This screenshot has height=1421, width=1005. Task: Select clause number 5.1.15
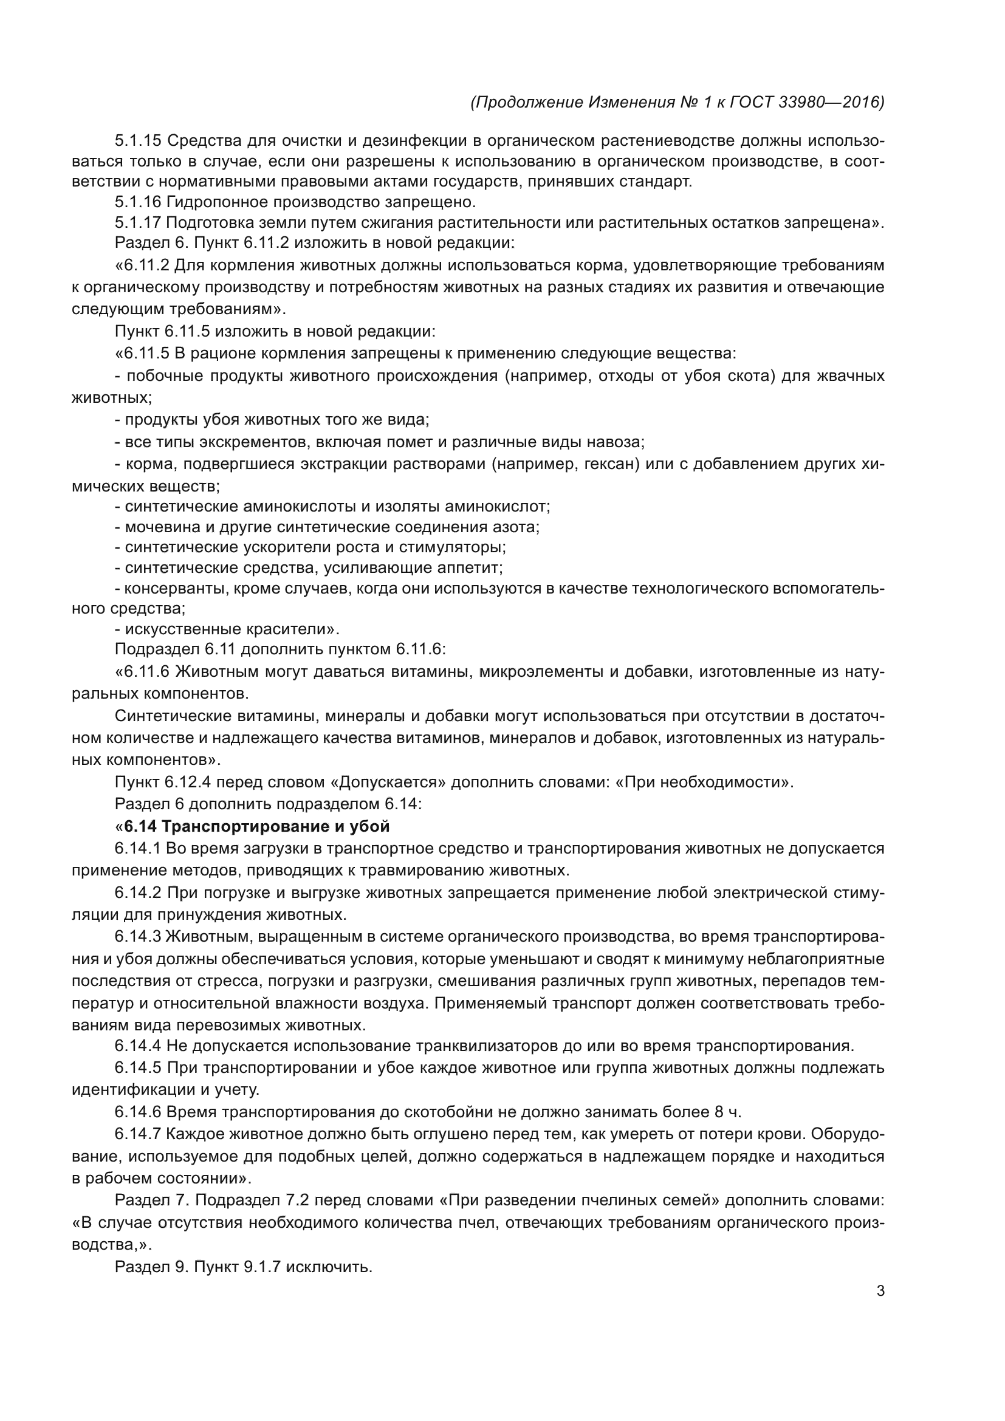137,140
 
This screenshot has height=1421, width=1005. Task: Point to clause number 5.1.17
137,222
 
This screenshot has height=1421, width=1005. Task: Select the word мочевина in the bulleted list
160,527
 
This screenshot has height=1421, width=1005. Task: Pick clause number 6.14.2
137,892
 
